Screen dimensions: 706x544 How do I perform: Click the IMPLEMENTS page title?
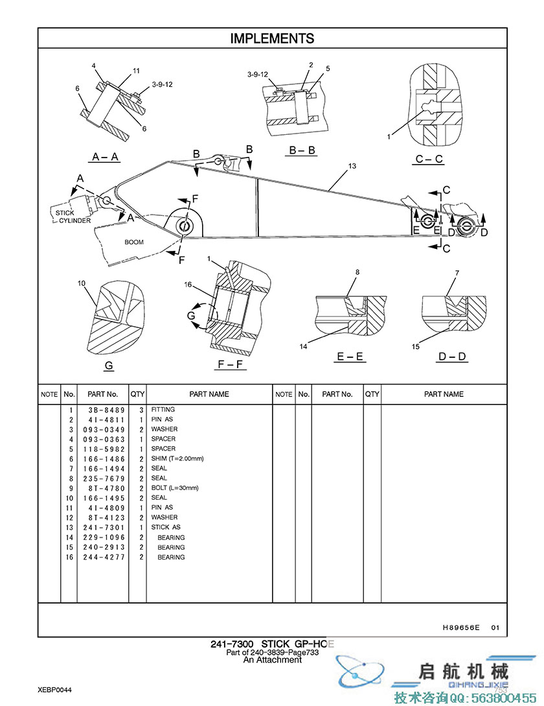[272, 39]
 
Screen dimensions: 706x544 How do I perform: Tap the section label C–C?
[429, 159]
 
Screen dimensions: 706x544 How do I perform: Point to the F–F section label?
[231, 364]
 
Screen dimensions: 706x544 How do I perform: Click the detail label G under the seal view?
[109, 366]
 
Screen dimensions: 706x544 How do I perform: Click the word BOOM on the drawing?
[134, 242]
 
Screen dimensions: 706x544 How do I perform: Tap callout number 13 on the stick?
[352, 167]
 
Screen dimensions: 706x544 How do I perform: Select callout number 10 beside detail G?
[82, 283]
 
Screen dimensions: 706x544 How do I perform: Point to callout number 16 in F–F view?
[188, 285]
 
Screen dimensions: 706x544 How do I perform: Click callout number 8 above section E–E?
[356, 272]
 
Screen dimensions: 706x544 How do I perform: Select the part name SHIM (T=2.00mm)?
[177, 459]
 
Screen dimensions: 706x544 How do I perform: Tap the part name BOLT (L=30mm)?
[175, 488]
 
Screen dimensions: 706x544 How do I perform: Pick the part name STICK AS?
[166, 528]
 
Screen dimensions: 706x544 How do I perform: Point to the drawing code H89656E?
[461, 628]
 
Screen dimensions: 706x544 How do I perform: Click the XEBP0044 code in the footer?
[54, 690]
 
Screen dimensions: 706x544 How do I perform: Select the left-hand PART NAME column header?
[209, 394]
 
